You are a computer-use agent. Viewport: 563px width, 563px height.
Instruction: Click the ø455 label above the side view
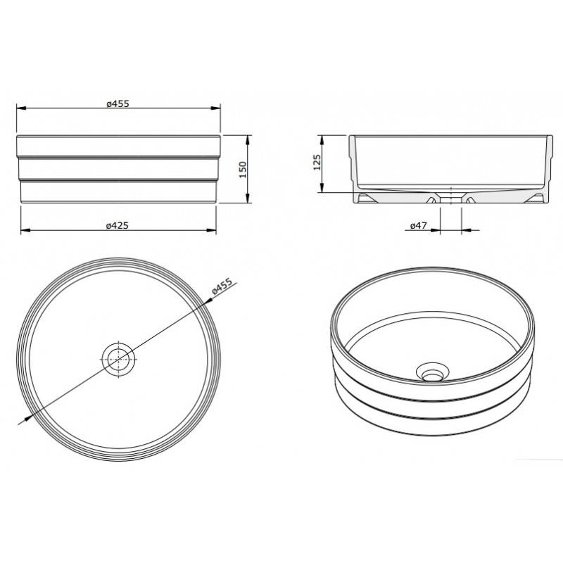(118, 103)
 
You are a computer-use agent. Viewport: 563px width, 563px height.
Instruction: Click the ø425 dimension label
(118, 226)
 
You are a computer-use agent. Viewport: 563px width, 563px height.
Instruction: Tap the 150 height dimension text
(243, 170)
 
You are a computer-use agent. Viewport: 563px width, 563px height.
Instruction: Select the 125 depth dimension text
(317, 163)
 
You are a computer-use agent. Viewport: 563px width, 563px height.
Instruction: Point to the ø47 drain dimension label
(419, 225)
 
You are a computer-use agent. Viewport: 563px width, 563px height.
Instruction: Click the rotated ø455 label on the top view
(222, 286)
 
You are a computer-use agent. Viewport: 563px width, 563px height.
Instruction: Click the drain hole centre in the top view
(118, 359)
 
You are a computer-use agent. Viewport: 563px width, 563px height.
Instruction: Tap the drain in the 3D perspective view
(432, 372)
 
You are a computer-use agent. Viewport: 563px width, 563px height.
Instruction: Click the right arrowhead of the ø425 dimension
(211, 230)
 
